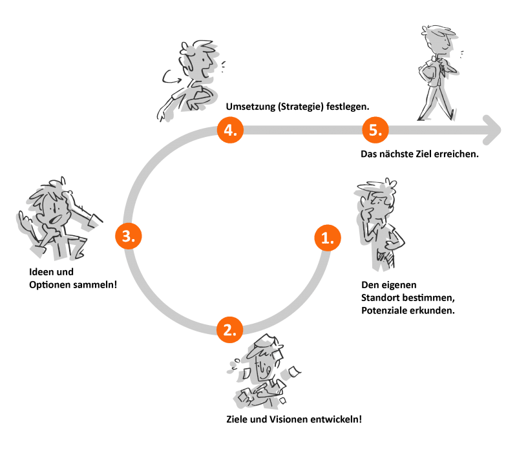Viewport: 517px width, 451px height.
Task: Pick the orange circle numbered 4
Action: click(229, 129)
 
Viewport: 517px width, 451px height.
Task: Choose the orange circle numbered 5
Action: click(374, 129)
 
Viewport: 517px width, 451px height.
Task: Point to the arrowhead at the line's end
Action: click(492, 129)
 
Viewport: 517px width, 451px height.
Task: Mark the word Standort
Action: click(381, 298)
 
